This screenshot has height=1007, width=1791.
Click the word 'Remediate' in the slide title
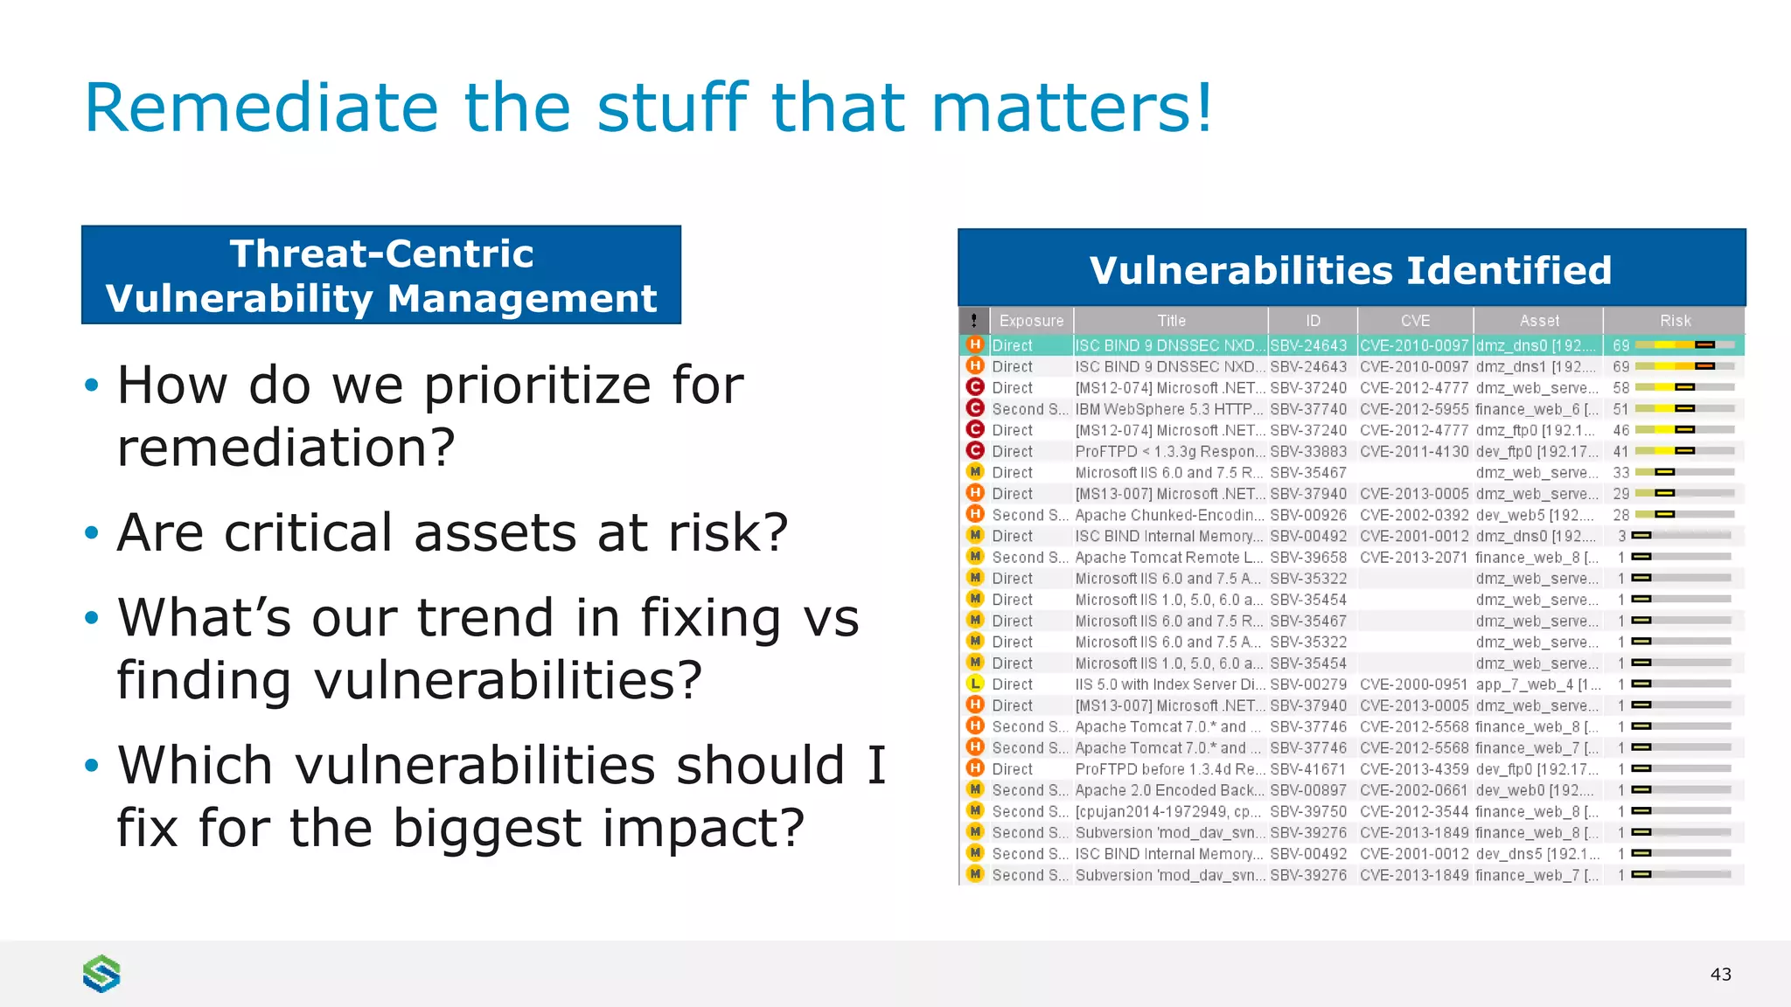(x=261, y=108)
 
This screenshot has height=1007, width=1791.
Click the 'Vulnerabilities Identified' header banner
(x=1350, y=270)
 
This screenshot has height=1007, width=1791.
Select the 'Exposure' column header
(x=1031, y=321)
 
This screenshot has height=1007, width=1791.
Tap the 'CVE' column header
(x=1414, y=321)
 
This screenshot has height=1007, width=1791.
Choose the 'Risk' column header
(x=1675, y=321)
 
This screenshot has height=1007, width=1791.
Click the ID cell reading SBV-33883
(x=1308, y=451)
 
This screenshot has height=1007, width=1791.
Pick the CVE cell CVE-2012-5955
(x=1414, y=409)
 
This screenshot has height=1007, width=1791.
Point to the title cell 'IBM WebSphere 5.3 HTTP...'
(x=1169, y=409)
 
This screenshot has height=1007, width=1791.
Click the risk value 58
(x=1620, y=387)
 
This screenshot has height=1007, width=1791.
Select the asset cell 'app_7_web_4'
(x=1537, y=684)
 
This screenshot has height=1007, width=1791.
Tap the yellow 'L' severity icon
(x=975, y=684)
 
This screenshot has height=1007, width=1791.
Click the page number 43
(x=1720, y=975)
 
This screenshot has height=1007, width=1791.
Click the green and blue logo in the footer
(x=101, y=974)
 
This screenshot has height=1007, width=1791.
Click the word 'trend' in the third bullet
(x=485, y=618)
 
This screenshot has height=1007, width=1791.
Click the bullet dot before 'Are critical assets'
(x=92, y=533)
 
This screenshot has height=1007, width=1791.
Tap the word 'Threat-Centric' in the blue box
(x=381, y=254)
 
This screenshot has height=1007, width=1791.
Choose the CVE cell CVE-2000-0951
(x=1414, y=684)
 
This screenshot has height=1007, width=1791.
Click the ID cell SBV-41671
(x=1308, y=769)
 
